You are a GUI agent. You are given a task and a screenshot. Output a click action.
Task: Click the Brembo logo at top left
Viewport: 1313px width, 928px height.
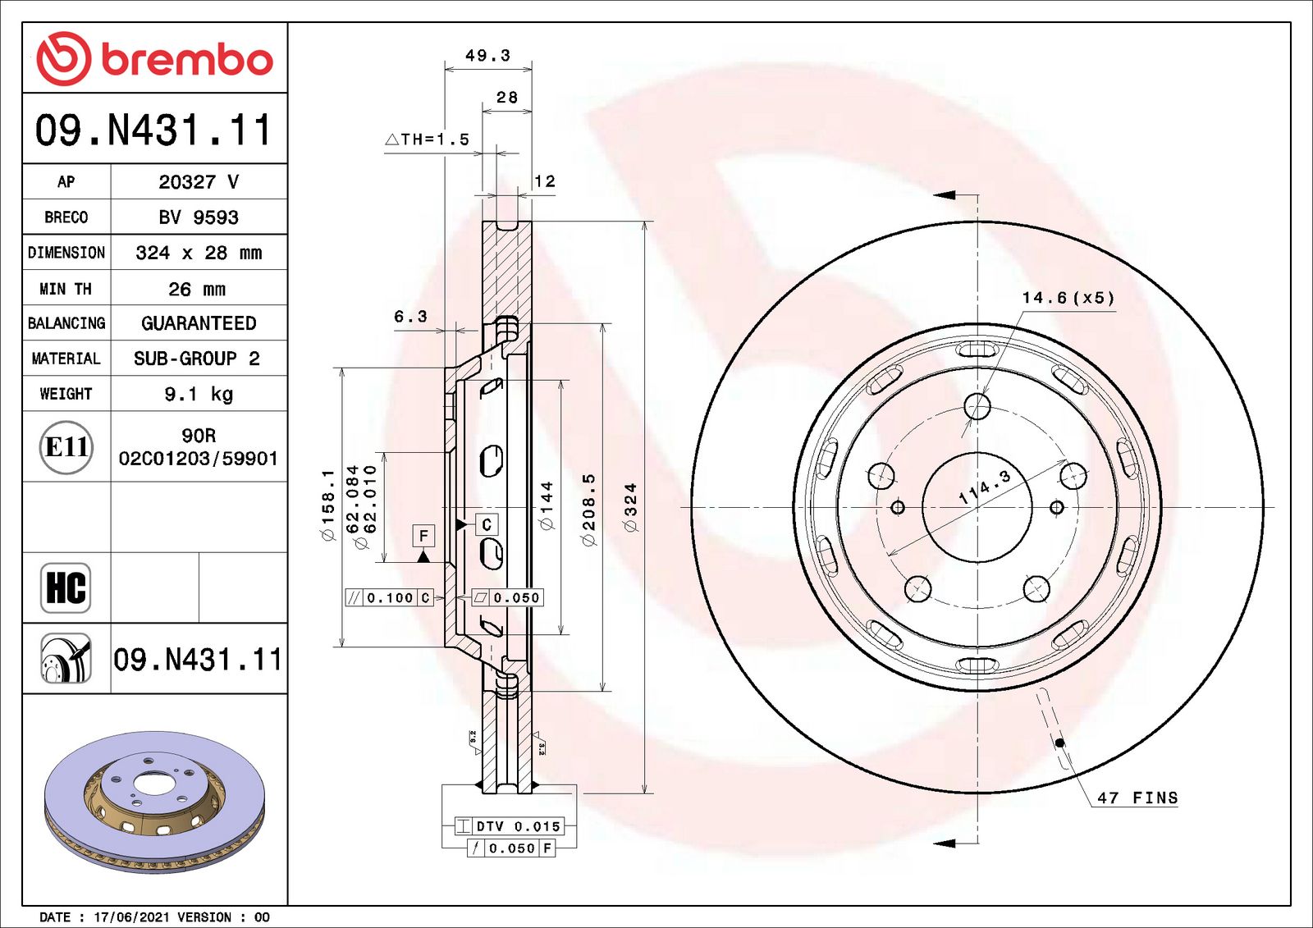pos(154,58)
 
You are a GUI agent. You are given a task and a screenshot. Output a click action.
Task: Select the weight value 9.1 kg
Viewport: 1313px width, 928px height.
pos(199,394)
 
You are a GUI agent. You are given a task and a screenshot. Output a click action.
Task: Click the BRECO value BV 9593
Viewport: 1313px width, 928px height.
pos(199,217)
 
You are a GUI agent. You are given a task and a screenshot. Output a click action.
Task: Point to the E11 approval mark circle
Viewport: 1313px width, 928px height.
pos(66,447)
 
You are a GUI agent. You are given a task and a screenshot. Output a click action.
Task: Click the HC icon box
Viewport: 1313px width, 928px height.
pos(66,587)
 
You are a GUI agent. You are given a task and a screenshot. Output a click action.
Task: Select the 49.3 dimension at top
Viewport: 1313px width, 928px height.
pos(487,56)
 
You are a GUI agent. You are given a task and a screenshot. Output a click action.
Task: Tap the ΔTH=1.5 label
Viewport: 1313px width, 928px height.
pos(428,139)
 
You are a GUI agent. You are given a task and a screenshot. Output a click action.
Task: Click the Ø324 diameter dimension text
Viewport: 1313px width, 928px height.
pos(630,507)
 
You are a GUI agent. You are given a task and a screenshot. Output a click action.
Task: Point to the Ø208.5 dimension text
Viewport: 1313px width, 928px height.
pos(588,509)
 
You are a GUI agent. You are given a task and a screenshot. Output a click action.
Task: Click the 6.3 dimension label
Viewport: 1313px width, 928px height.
pos(410,317)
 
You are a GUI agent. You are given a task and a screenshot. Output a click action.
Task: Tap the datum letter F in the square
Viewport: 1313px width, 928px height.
pos(423,536)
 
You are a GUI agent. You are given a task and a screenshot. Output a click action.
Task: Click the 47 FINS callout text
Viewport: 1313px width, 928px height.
pos(1137,798)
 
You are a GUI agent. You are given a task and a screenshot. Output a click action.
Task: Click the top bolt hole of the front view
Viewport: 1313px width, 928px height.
pos(977,405)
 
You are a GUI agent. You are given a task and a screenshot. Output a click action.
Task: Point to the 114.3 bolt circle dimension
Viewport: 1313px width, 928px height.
pos(984,487)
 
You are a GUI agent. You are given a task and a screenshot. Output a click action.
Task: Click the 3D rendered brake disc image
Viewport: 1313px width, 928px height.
pos(154,796)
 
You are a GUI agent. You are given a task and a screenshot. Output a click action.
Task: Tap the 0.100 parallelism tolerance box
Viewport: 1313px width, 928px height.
pos(390,598)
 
